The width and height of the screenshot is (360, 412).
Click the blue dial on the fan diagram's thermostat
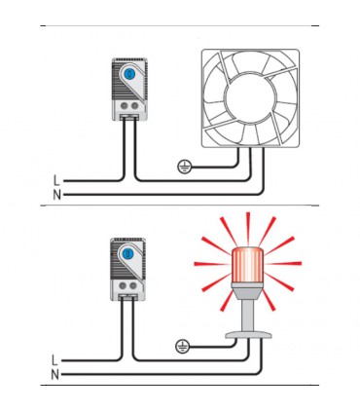(130, 74)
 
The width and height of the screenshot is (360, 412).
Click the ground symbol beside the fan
(183, 167)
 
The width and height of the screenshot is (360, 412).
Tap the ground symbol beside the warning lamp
(181, 346)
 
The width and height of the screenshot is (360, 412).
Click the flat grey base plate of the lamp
(249, 335)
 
